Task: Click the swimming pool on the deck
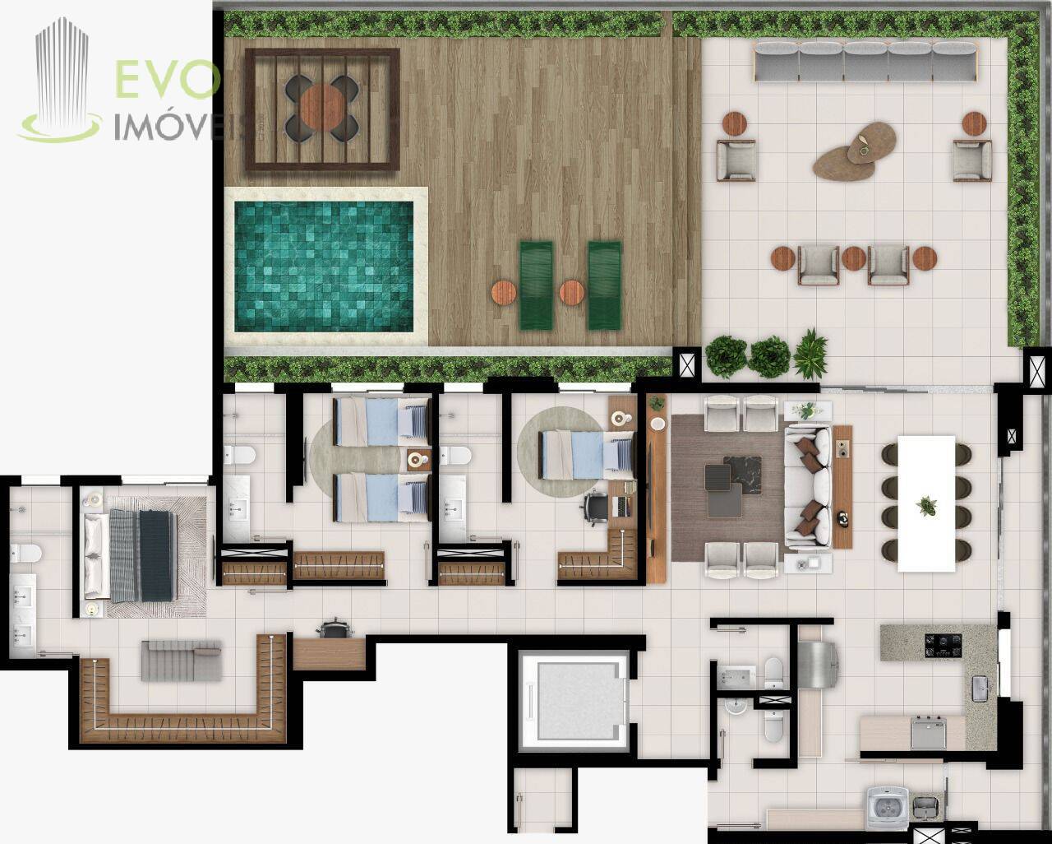tap(324, 267)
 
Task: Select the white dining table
tap(926, 503)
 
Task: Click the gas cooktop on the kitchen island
tap(943, 646)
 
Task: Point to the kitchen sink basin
tap(980, 689)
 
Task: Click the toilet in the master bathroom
tap(26, 554)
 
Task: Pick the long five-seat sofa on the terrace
tap(865, 62)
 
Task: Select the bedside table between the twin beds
tap(419, 460)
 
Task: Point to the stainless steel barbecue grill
tap(817, 665)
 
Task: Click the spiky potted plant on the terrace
tap(810, 354)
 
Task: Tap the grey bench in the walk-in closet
tap(181, 661)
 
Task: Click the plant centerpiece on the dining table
tap(926, 505)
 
